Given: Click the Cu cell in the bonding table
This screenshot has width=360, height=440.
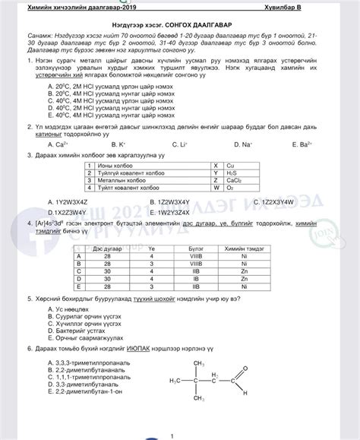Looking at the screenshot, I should [232, 165].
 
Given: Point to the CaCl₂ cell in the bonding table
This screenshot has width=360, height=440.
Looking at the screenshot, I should [235, 179].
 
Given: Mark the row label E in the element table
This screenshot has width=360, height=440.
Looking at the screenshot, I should [78, 285].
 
